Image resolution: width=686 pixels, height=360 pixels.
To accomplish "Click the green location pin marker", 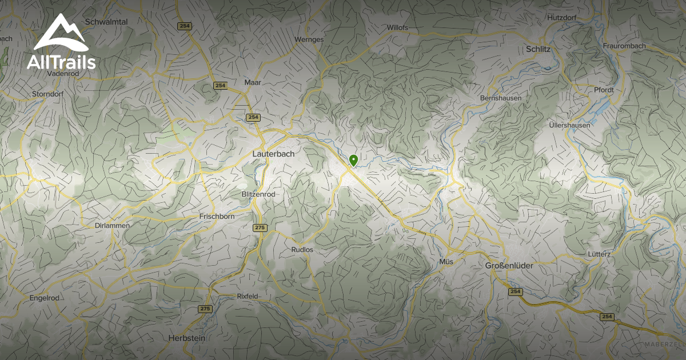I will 353,161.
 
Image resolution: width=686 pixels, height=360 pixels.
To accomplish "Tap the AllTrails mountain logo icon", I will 60,33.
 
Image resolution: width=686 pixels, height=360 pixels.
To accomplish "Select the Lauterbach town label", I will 273,154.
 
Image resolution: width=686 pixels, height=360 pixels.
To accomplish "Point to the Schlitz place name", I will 538,50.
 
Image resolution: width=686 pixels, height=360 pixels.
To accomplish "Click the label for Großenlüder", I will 509,266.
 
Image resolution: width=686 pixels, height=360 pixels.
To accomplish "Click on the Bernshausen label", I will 501,98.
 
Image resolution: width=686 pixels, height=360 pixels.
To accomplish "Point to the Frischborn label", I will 218,217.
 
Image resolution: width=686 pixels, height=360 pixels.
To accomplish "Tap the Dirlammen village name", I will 112,226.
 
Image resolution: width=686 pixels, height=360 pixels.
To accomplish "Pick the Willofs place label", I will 397,27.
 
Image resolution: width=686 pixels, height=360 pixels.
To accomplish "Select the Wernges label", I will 309,39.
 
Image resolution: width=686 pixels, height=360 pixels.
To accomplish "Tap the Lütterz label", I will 600,254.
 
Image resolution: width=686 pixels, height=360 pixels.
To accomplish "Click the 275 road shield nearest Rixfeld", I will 205,309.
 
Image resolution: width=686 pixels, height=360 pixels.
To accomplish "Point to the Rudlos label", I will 302,250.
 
